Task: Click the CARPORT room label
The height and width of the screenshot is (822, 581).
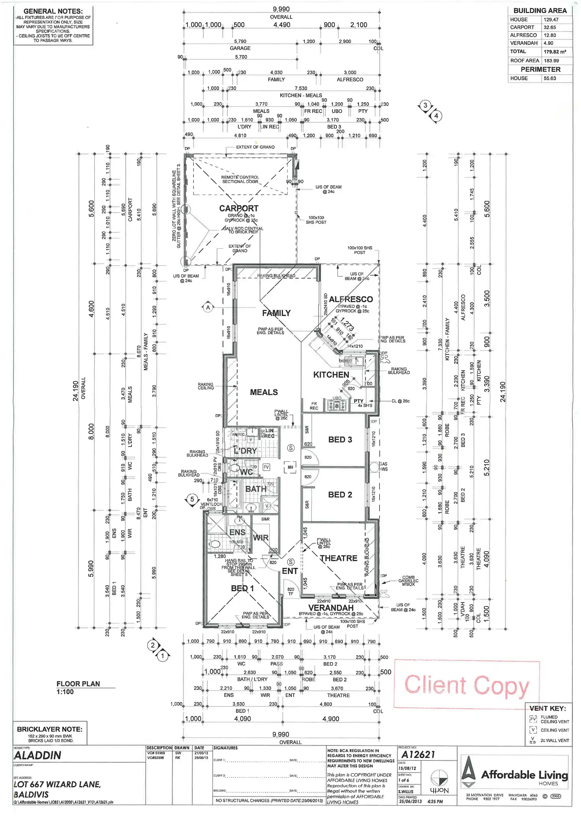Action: tap(239, 208)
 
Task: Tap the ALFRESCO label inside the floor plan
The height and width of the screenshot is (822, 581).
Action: tap(351, 300)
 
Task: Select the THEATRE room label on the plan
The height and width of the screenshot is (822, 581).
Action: tap(339, 558)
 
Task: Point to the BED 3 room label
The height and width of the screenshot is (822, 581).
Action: tap(340, 440)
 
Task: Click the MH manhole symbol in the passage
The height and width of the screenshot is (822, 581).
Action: tap(290, 467)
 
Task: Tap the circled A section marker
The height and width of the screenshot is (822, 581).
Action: tap(208, 307)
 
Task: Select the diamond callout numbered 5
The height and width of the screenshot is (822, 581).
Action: tap(192, 500)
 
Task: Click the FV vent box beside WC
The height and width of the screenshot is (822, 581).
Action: tap(266, 467)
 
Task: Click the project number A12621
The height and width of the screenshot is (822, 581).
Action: tap(418, 755)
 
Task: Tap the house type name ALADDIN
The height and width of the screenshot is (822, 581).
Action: tap(37, 755)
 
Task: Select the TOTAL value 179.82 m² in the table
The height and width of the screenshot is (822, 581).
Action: tap(555, 52)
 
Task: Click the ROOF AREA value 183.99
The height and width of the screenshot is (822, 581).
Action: tap(551, 61)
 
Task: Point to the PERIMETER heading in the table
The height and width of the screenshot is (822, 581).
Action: tap(540, 69)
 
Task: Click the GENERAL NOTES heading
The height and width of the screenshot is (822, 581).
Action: tap(53, 11)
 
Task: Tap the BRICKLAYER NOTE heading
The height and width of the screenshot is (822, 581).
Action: tap(50, 729)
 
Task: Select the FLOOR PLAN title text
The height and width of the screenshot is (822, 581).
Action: tap(78, 684)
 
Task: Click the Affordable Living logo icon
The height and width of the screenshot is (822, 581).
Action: tap(469, 772)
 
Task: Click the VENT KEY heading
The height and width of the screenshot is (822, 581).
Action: tap(547, 708)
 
